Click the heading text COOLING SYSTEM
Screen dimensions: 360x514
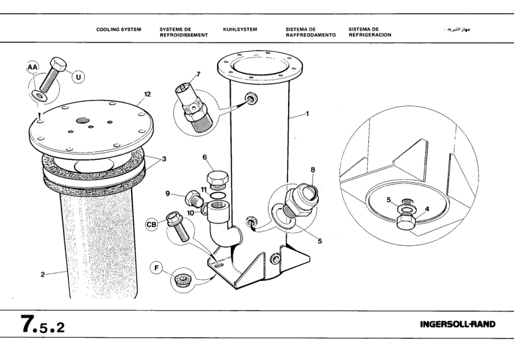[118, 29]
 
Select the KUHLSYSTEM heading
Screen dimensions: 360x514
[240, 29]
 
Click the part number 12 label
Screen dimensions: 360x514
[147, 94]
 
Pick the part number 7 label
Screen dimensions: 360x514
[198, 75]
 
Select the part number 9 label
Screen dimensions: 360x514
[168, 193]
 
